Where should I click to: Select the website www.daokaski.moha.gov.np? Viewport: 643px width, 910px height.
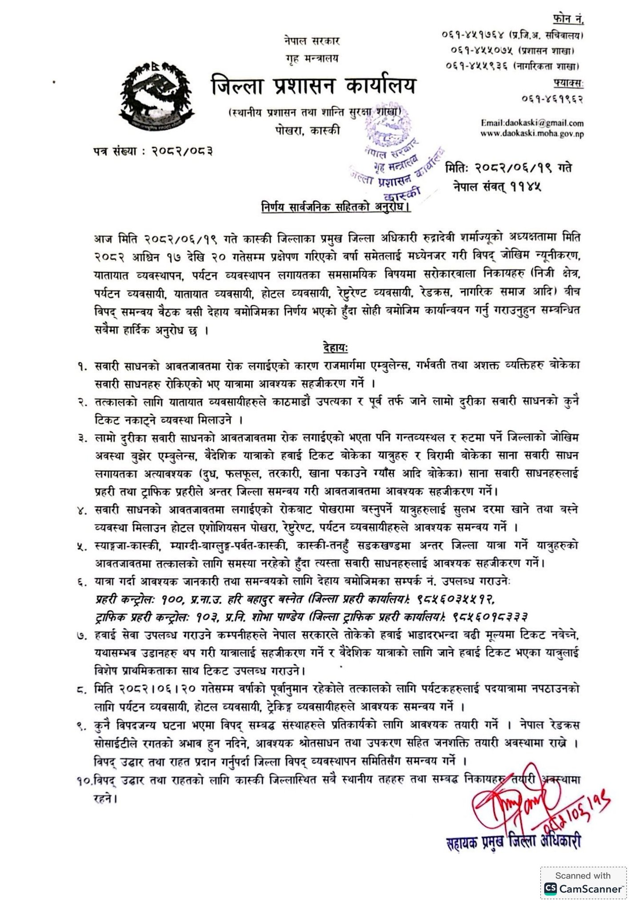pos(532,133)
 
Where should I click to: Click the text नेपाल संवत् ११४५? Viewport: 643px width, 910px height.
pos(497,187)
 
